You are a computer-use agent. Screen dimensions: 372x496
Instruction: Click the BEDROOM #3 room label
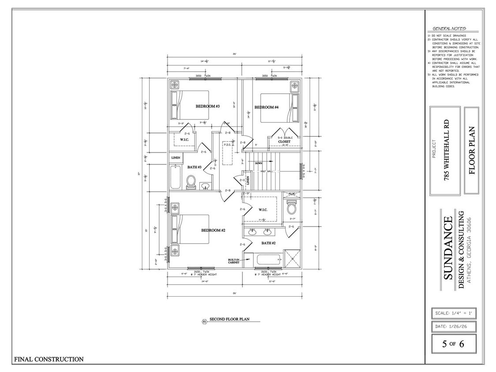pos(208,107)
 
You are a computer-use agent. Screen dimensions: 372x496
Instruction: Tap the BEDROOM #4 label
pos(266,107)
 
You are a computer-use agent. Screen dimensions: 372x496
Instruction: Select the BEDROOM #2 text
pos(213,231)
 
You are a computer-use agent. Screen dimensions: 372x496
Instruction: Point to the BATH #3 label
pos(194,167)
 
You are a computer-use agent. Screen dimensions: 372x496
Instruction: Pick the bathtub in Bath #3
pos(175,177)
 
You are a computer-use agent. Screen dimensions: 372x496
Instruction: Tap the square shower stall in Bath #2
pos(292,258)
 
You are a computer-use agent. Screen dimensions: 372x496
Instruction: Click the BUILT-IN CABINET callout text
pos(234,261)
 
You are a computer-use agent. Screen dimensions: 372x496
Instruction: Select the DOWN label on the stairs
pos(259,163)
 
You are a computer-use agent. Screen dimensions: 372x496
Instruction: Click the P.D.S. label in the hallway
pos(228,144)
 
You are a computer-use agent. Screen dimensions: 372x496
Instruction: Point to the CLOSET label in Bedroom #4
pos(284,142)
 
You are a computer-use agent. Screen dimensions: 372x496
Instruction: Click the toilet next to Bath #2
pos(292,207)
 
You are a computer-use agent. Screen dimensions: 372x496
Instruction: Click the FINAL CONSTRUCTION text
pos(49,359)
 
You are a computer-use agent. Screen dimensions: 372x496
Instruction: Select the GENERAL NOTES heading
pos(449,28)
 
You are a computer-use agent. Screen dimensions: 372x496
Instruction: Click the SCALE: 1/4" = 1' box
pos(454,313)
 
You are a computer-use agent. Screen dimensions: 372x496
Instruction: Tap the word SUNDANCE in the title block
pos(447,248)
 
